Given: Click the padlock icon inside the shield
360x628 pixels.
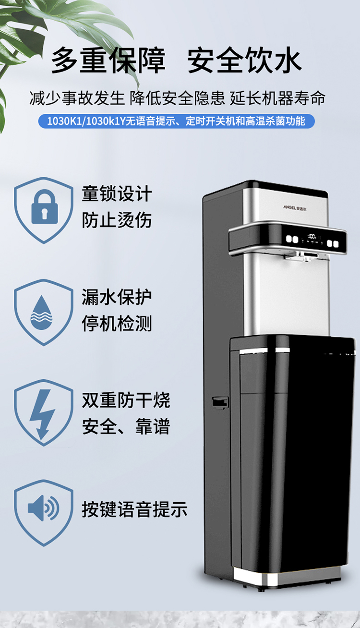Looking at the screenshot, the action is [x=45, y=206].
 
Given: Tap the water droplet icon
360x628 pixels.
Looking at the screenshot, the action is [x=41, y=312].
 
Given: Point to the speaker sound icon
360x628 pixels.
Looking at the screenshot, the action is [x=44, y=508].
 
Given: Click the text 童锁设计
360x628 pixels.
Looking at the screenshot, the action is [x=117, y=193].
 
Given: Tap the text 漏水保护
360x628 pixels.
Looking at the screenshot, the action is [x=117, y=297].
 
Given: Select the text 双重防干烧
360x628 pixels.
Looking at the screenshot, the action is [x=126, y=400].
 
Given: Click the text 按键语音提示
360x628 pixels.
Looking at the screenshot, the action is [x=134, y=509].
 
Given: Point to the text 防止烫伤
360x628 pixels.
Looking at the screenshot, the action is [x=117, y=220].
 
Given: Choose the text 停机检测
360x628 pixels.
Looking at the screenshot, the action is [x=117, y=323].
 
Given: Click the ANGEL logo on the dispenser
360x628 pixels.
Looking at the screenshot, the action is [x=295, y=207].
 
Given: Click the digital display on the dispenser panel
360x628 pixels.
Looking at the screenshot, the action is [x=312, y=236].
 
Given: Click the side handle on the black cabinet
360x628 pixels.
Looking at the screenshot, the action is [x=220, y=403].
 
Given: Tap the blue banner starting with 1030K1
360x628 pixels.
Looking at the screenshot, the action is [x=176, y=121].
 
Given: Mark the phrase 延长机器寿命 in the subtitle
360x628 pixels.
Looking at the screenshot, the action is [x=277, y=98].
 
